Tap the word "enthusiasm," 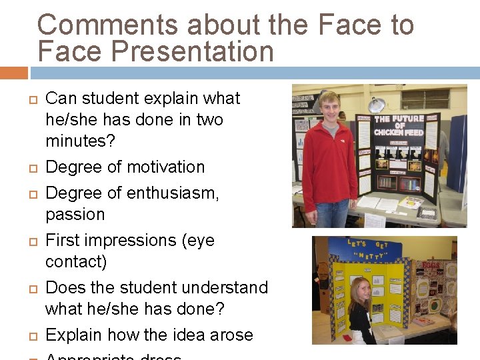181,193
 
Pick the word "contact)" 76,262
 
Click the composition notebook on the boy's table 427,214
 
